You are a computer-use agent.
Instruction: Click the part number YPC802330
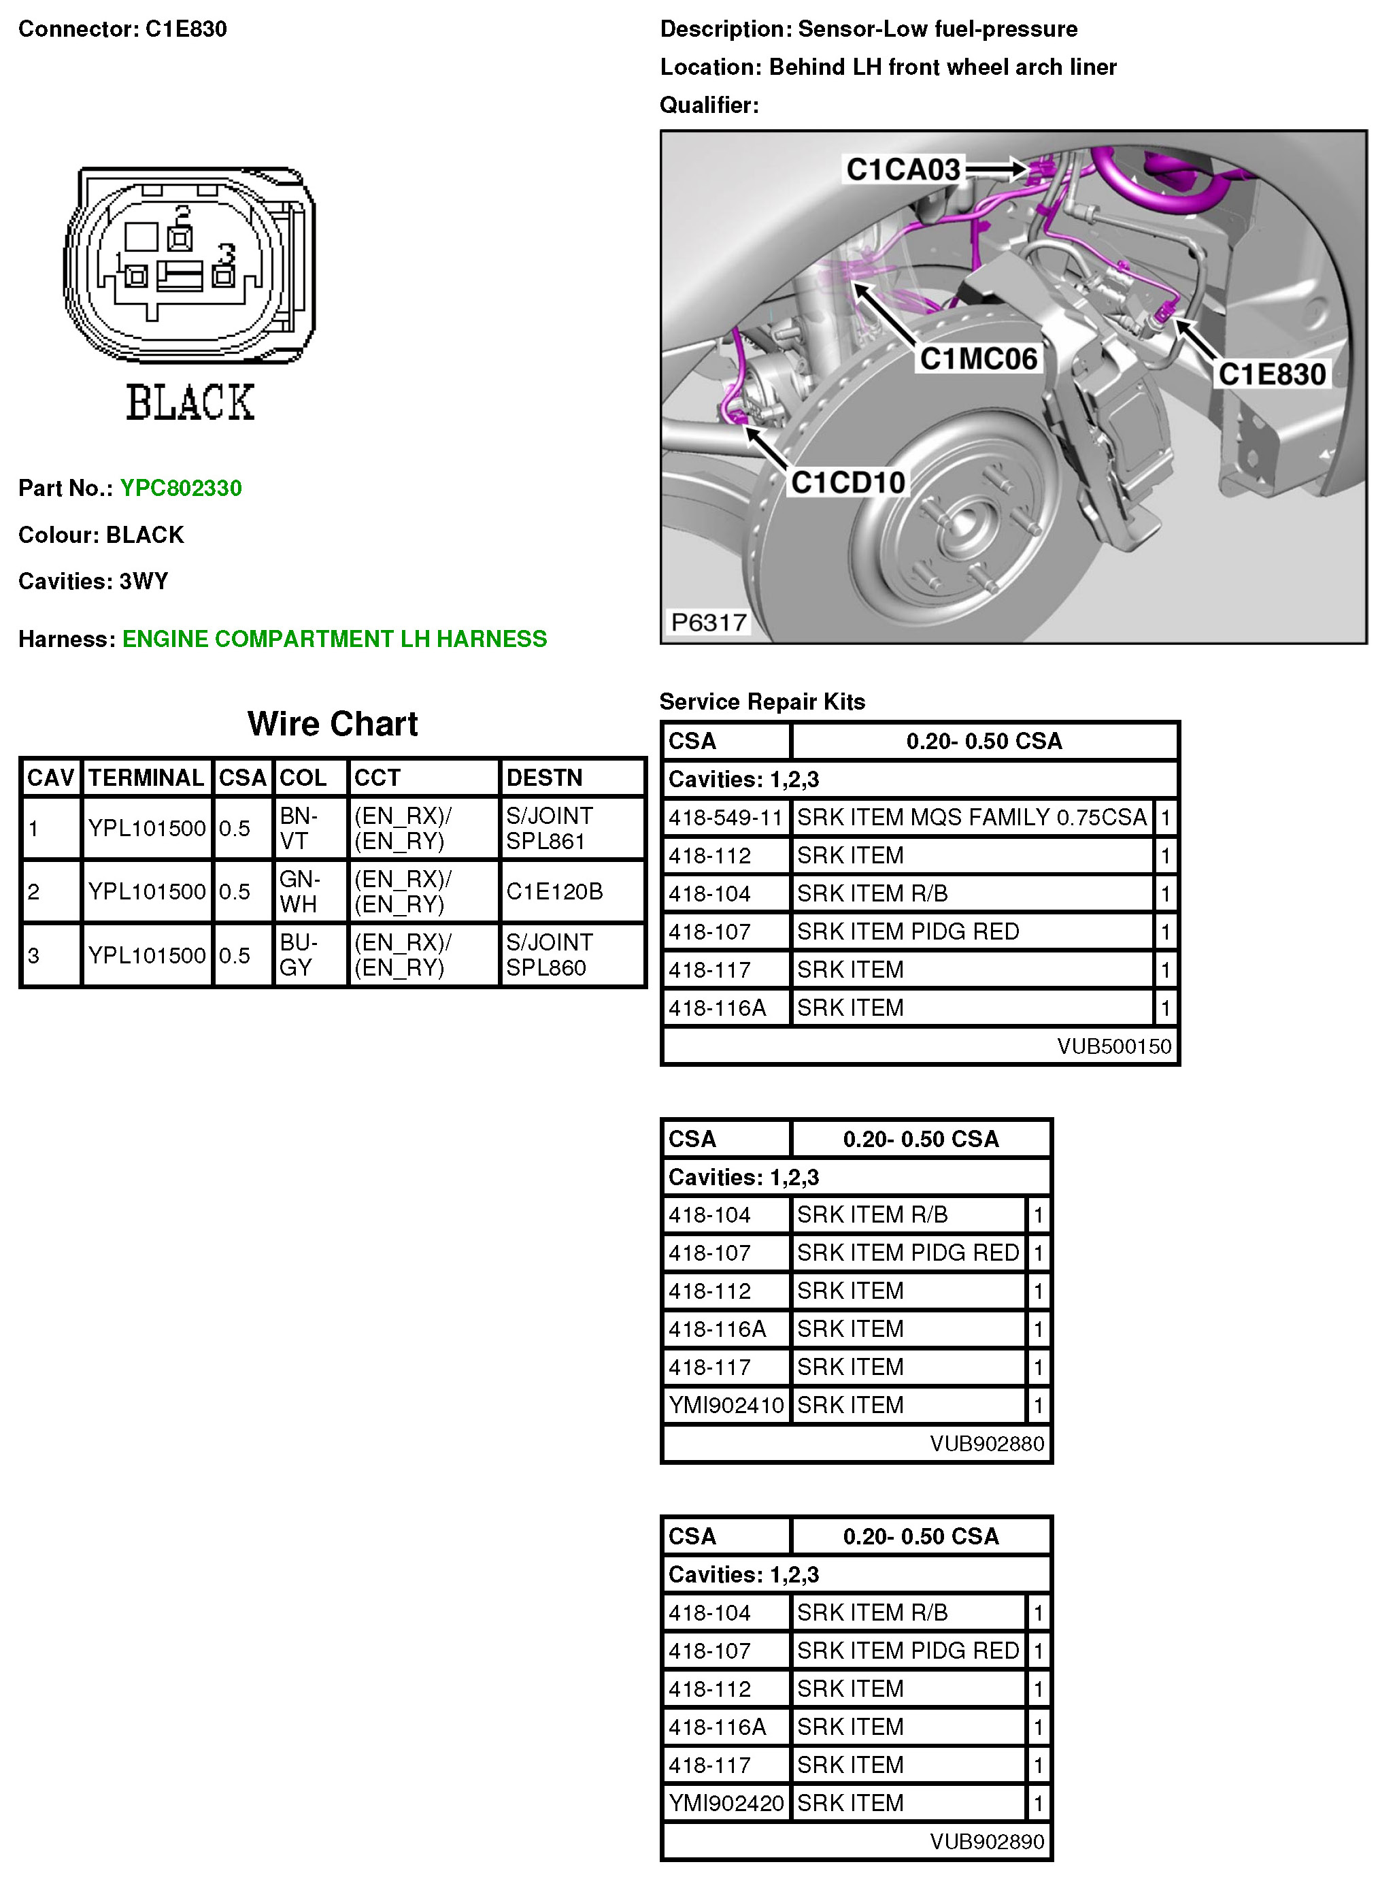coord(181,488)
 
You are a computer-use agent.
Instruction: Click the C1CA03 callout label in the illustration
coord(903,169)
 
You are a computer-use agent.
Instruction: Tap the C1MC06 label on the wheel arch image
coord(978,359)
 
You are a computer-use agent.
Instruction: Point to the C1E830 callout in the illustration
coord(1272,374)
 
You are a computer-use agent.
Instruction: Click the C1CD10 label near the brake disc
coord(847,482)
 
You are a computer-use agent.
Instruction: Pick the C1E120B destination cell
coord(554,892)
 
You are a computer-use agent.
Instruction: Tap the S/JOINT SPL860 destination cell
coord(549,955)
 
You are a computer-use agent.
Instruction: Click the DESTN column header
coord(544,778)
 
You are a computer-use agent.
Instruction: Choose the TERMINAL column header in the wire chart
coord(146,778)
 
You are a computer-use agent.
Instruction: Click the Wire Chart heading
coord(332,724)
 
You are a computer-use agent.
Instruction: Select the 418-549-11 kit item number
coord(725,818)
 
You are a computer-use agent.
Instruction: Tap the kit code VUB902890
coord(986,1842)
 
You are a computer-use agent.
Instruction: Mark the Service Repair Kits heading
coord(762,702)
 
